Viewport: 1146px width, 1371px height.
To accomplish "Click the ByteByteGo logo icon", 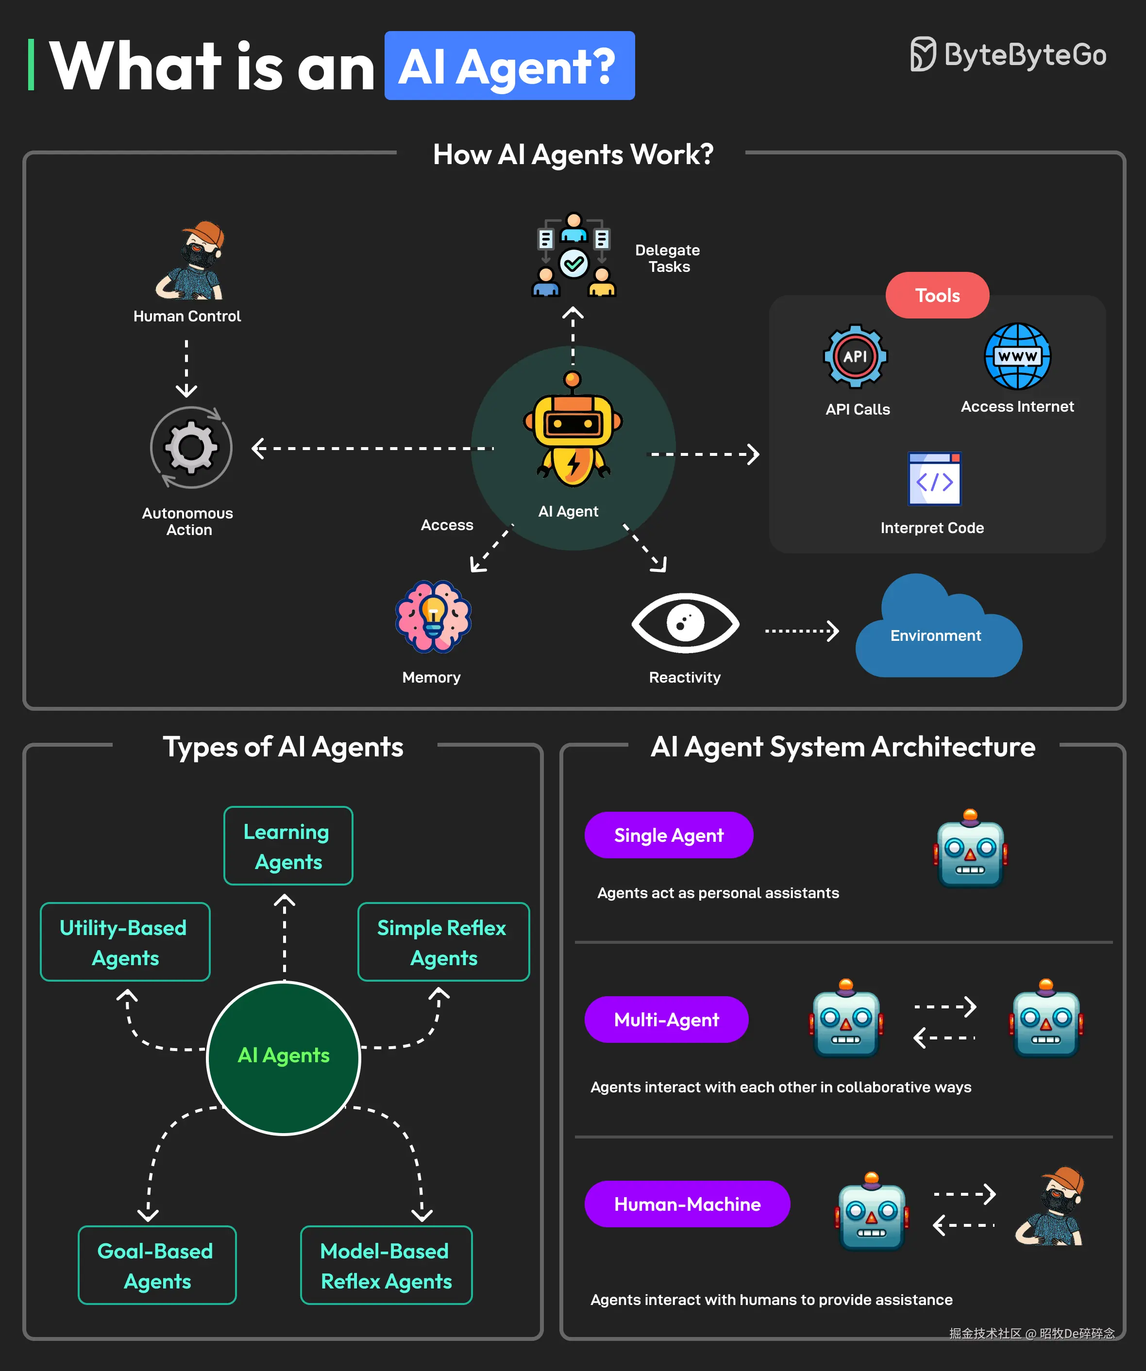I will coord(923,54).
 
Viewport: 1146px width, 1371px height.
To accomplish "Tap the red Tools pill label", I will coord(937,295).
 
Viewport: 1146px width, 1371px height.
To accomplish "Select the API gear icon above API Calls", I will coord(855,356).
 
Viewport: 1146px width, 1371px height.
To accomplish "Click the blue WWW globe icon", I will coord(1017,356).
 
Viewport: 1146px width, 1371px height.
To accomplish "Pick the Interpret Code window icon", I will coord(934,479).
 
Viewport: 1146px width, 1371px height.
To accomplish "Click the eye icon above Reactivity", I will coord(685,622).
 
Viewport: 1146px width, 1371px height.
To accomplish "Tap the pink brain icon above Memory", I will coord(433,616).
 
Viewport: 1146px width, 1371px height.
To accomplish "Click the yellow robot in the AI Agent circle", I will coord(573,431).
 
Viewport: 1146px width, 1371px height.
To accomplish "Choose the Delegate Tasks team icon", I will coord(573,256).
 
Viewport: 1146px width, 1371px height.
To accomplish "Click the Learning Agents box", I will coord(288,846).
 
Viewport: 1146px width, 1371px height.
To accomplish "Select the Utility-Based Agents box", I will coord(125,942).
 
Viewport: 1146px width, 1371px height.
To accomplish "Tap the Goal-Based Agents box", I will coord(157,1265).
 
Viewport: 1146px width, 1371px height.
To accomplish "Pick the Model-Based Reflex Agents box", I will coord(386,1265).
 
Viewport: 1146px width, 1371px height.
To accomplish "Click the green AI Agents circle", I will coord(284,1058).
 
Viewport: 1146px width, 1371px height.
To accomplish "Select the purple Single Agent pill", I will coord(669,835).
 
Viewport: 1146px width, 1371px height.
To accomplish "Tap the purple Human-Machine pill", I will coord(687,1204).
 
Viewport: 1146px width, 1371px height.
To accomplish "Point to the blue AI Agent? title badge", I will coord(509,66).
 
